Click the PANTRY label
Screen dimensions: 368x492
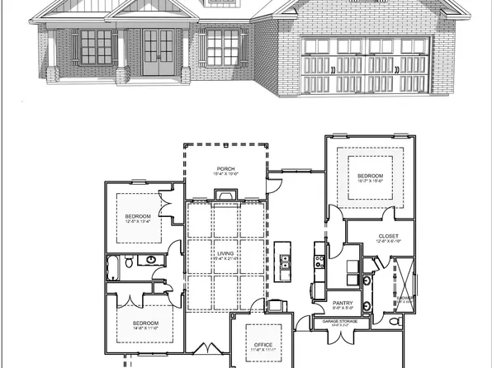pos(343,304)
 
